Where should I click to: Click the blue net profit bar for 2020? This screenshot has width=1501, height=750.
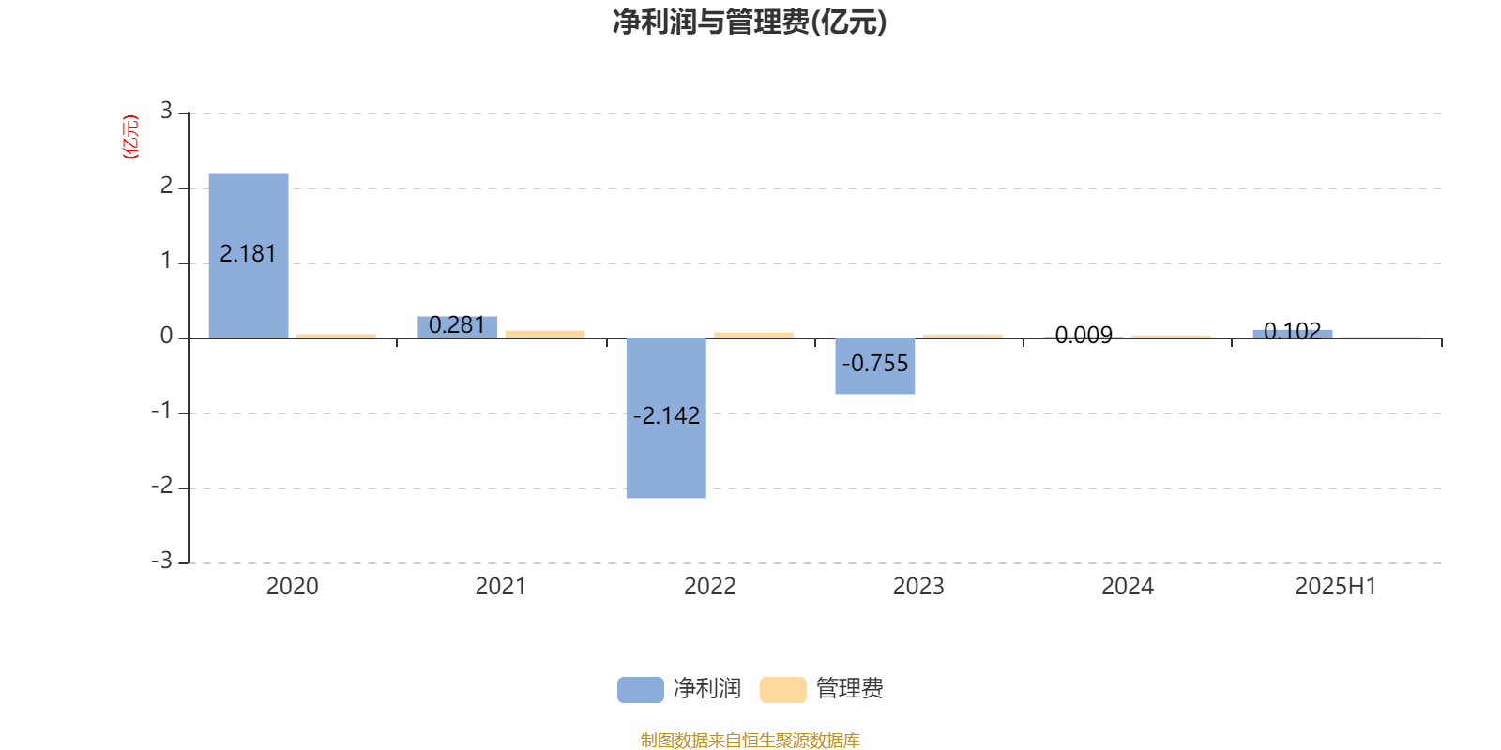click(x=249, y=256)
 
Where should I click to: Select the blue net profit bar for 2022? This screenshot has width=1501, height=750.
click(x=666, y=418)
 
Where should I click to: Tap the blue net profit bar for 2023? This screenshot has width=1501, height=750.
click(x=875, y=367)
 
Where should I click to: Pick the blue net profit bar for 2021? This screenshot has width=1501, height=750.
click(x=458, y=327)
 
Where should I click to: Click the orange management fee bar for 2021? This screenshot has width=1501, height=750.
click(x=545, y=334)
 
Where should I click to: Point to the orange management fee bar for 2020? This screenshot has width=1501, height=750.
click(x=337, y=337)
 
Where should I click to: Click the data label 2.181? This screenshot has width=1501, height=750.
click(x=248, y=254)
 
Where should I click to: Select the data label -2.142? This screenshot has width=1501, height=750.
click(x=667, y=416)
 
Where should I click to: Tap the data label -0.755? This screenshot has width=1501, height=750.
click(x=875, y=364)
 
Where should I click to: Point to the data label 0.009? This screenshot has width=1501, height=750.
click(x=1084, y=335)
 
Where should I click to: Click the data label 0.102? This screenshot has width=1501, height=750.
click(x=1293, y=331)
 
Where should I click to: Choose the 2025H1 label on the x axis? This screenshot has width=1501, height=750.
click(x=1336, y=587)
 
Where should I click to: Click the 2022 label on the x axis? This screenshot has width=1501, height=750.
click(x=709, y=587)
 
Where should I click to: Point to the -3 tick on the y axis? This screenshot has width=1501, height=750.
click(x=162, y=561)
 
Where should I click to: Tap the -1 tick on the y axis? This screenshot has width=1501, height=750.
click(x=162, y=411)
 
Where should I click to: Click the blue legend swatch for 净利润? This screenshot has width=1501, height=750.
click(x=641, y=690)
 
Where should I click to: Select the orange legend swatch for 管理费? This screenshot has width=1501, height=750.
click(x=782, y=690)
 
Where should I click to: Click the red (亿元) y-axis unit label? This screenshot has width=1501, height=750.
click(x=130, y=137)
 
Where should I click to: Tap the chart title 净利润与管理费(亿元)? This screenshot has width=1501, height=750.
click(x=750, y=22)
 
